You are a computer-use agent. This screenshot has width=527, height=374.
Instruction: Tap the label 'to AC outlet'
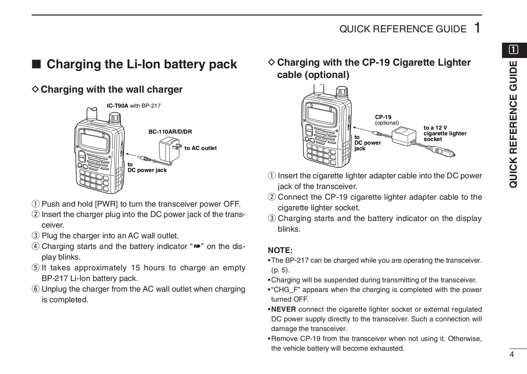(201, 148)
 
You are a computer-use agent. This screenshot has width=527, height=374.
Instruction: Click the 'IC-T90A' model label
(117, 106)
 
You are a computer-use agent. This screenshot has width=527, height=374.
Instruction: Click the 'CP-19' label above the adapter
(383, 117)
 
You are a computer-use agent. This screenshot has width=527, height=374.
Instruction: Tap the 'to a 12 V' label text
(435, 128)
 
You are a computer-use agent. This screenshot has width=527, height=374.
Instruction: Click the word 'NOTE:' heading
(280, 250)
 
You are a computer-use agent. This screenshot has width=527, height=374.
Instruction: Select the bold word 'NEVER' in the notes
(283, 309)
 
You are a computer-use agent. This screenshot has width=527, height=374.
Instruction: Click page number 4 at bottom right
(512, 354)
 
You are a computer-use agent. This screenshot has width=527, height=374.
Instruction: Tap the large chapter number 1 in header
(477, 28)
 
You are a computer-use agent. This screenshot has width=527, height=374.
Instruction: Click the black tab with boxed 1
(514, 50)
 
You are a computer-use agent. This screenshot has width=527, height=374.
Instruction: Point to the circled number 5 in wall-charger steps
(35, 268)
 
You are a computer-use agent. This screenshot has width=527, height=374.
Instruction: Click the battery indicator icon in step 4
(197, 246)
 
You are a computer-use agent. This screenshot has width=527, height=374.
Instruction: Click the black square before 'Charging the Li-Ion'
(36, 64)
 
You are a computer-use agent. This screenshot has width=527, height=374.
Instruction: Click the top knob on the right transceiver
(342, 92)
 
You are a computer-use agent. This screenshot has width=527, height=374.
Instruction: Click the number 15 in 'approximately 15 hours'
(135, 268)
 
